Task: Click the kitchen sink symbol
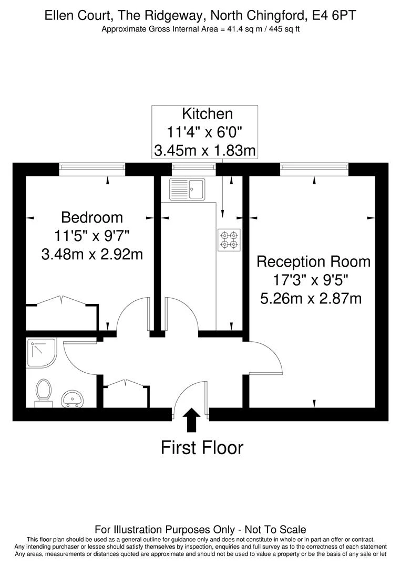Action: click(x=187, y=189)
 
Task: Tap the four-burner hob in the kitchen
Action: click(x=229, y=240)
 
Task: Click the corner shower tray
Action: click(x=42, y=353)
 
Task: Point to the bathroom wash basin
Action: click(x=73, y=399)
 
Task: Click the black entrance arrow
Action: click(x=191, y=420)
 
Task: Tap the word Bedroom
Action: click(x=92, y=217)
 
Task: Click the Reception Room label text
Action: click(x=313, y=261)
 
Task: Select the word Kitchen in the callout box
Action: click(x=208, y=113)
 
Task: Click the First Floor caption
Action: click(x=202, y=447)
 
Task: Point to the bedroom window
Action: click(x=92, y=169)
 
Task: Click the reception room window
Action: click(x=314, y=169)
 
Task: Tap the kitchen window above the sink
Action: click(x=193, y=169)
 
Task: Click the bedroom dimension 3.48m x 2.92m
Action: click(x=92, y=254)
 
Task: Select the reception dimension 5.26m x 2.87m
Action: click(x=311, y=299)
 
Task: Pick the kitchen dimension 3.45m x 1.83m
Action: click(x=205, y=151)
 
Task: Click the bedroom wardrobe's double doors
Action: click(x=61, y=300)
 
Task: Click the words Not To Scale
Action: click(x=275, y=530)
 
